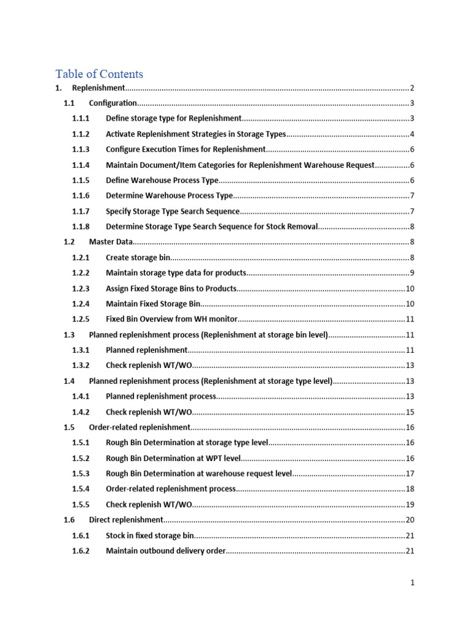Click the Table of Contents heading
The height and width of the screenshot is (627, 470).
(99, 74)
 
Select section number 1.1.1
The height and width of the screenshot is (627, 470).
(81, 119)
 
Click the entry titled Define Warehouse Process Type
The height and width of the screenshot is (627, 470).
(162, 181)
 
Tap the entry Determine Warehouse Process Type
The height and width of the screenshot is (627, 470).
(169, 196)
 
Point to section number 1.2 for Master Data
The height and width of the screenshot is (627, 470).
(69, 242)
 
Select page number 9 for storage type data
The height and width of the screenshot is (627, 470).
(412, 273)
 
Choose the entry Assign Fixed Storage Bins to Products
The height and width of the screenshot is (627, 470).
(171, 289)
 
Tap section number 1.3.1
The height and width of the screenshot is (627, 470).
(81, 350)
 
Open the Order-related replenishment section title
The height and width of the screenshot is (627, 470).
(140, 427)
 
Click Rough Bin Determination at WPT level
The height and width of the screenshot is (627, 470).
(173, 458)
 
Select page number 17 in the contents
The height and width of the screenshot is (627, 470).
(410, 474)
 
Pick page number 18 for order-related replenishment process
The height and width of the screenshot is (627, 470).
(410, 489)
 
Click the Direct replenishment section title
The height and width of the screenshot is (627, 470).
(126, 520)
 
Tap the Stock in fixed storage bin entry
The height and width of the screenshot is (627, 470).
(149, 536)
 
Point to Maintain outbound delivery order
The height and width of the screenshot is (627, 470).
(166, 551)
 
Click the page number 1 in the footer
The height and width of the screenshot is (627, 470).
(412, 584)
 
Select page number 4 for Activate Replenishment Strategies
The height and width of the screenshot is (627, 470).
(412, 135)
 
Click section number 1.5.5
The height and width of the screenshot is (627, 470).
(81, 505)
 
